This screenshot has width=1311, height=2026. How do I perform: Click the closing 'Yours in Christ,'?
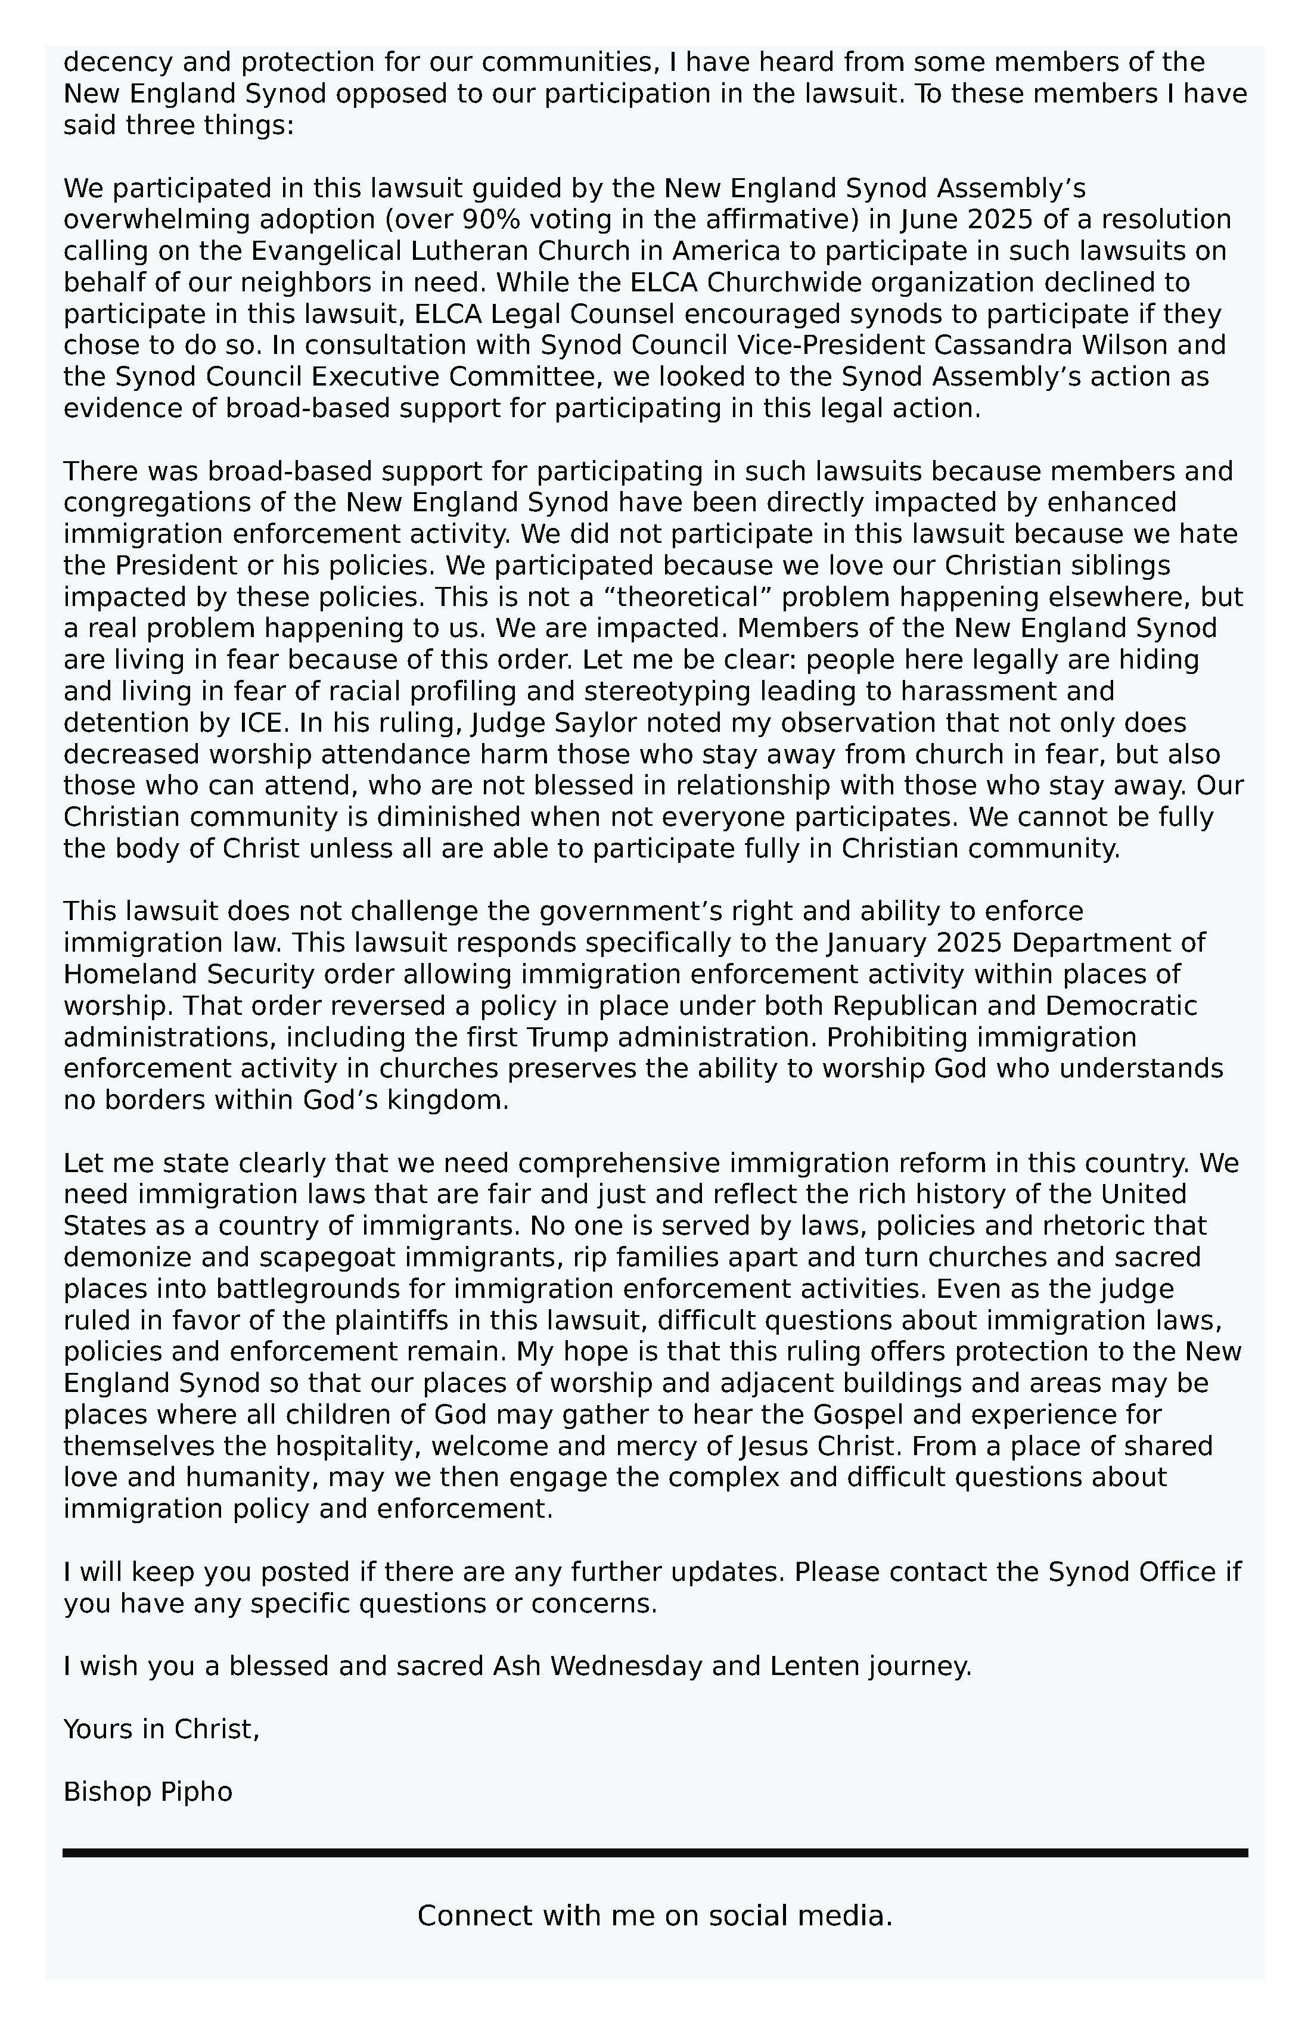pyautogui.click(x=161, y=1729)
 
